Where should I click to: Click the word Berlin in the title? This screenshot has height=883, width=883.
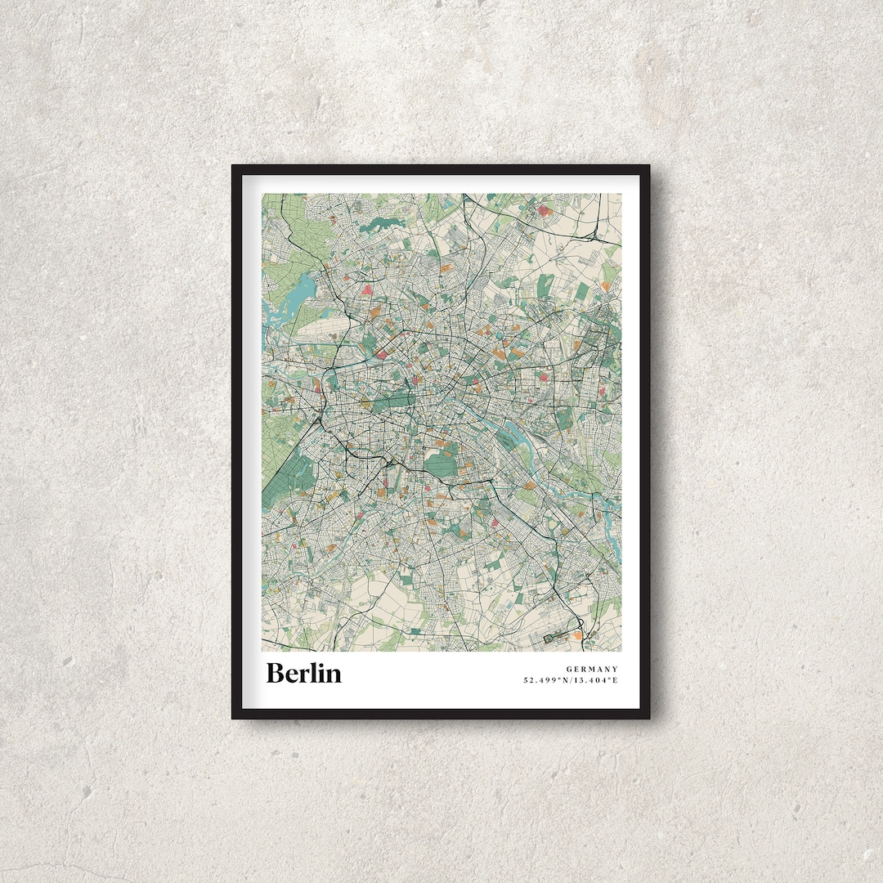click(x=303, y=673)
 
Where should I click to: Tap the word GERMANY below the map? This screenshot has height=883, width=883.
click(x=592, y=669)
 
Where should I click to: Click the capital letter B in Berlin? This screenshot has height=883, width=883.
click(x=276, y=673)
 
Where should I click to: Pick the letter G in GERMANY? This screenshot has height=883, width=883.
click(x=569, y=669)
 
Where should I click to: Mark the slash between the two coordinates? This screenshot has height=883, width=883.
click(x=572, y=680)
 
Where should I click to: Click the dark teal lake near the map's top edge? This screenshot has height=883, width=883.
click(x=381, y=223)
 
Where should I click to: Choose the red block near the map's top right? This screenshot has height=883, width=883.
click(x=545, y=210)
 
